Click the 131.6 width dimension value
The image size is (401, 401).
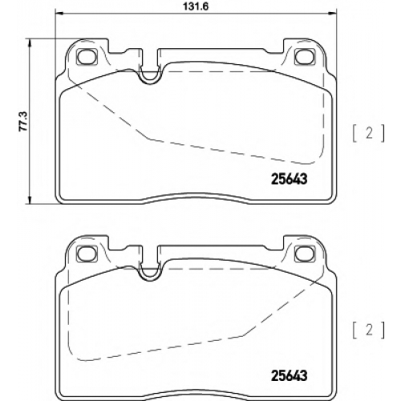(196, 6)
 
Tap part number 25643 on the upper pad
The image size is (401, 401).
(289, 179)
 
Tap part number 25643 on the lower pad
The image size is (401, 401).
(289, 375)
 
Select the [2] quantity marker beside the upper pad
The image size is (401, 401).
(369, 133)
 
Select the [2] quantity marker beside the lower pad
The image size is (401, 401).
(369, 330)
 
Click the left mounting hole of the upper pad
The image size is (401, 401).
(87, 57)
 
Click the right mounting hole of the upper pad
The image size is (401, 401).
(305, 57)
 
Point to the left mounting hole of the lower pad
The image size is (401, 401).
(87, 253)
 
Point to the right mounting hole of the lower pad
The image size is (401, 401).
(305, 253)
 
